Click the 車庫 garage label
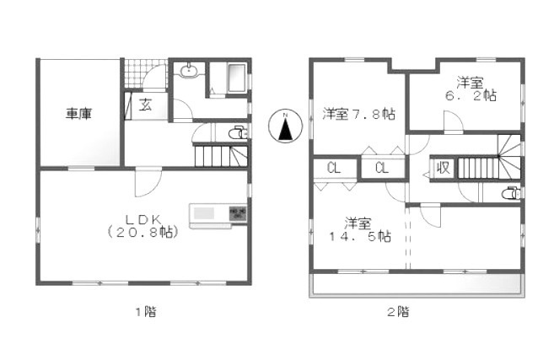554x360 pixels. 79,115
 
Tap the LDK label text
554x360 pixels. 141,217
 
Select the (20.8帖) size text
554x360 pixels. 141,231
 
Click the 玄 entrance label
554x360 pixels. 145,105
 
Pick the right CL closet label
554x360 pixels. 381,169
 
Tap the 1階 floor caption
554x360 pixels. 145,311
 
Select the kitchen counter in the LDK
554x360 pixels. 218,215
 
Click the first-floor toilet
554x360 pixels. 238,133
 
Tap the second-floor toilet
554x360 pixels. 510,193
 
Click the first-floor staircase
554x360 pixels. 221,156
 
